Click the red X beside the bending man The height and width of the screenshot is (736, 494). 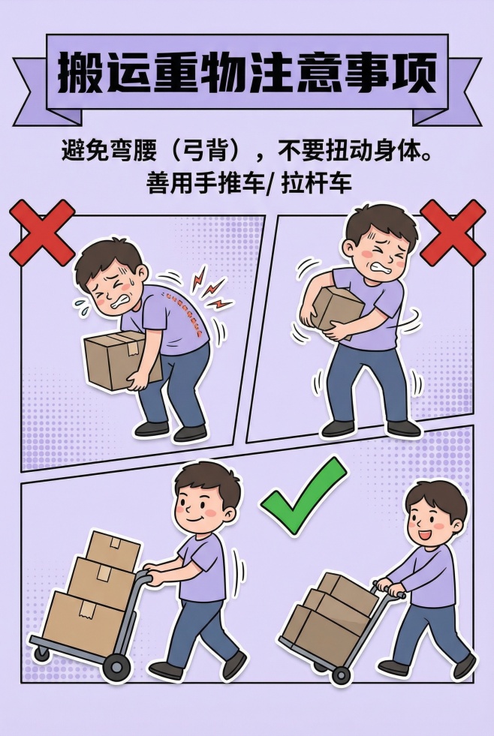point(41,233)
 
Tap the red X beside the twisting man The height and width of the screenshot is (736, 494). point(452,233)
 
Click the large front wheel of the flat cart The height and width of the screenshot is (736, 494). point(116,665)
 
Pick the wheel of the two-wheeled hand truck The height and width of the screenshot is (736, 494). point(340,674)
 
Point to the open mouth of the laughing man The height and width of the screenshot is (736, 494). point(423,536)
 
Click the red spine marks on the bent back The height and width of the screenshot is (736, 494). point(179,302)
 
